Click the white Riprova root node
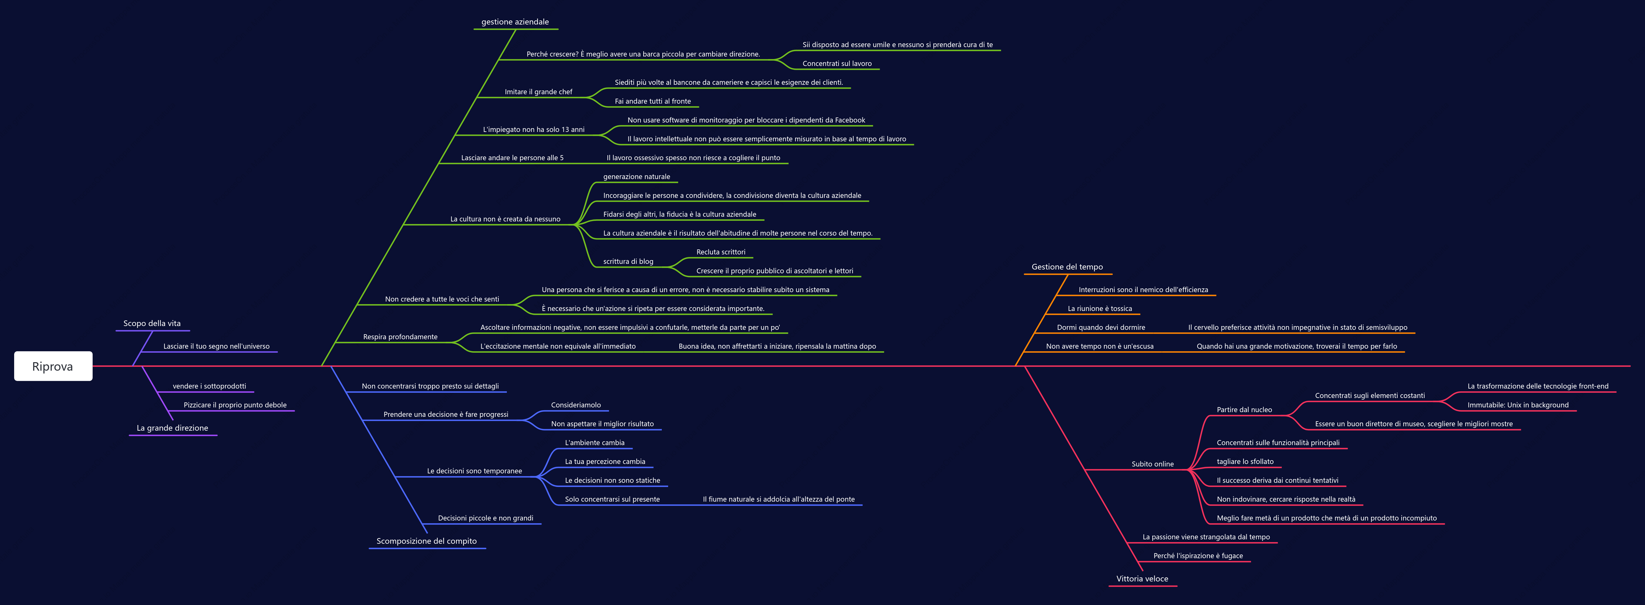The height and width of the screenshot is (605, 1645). [x=53, y=366]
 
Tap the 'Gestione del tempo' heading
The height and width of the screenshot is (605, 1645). [x=1067, y=267]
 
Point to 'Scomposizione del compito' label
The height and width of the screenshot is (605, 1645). [x=427, y=541]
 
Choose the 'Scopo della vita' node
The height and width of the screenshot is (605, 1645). [x=152, y=324]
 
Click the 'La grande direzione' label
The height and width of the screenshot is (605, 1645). [x=172, y=428]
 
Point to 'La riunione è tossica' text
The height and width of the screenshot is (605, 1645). [x=1099, y=309]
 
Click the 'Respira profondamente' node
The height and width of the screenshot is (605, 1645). [x=400, y=337]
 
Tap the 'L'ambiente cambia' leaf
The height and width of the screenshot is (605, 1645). [x=595, y=443]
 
